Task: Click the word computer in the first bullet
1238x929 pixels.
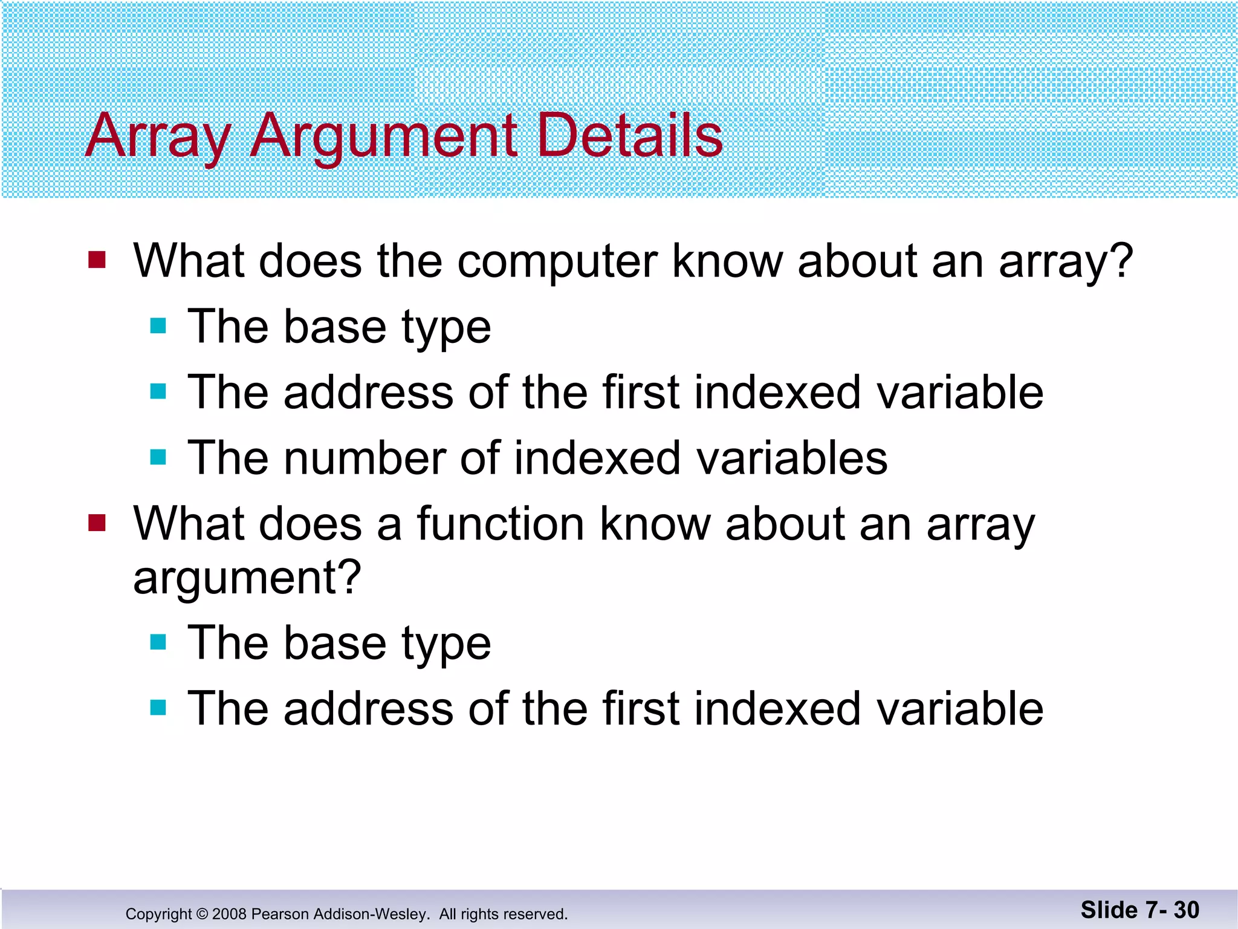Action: coord(557,261)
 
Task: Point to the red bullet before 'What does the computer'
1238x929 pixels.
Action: coord(97,260)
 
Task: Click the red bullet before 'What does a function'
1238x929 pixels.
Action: coord(97,523)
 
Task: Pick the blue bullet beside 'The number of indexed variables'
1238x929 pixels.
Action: coord(158,457)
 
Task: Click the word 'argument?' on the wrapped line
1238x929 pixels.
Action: coord(247,578)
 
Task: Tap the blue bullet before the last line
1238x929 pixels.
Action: coord(158,707)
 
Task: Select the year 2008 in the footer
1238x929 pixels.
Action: coord(229,914)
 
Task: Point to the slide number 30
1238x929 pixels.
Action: coord(1187,910)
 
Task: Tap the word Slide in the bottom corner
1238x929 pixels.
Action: coord(1109,910)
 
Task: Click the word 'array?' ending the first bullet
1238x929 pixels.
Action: coord(1065,262)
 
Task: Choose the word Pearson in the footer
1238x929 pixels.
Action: coord(279,914)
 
